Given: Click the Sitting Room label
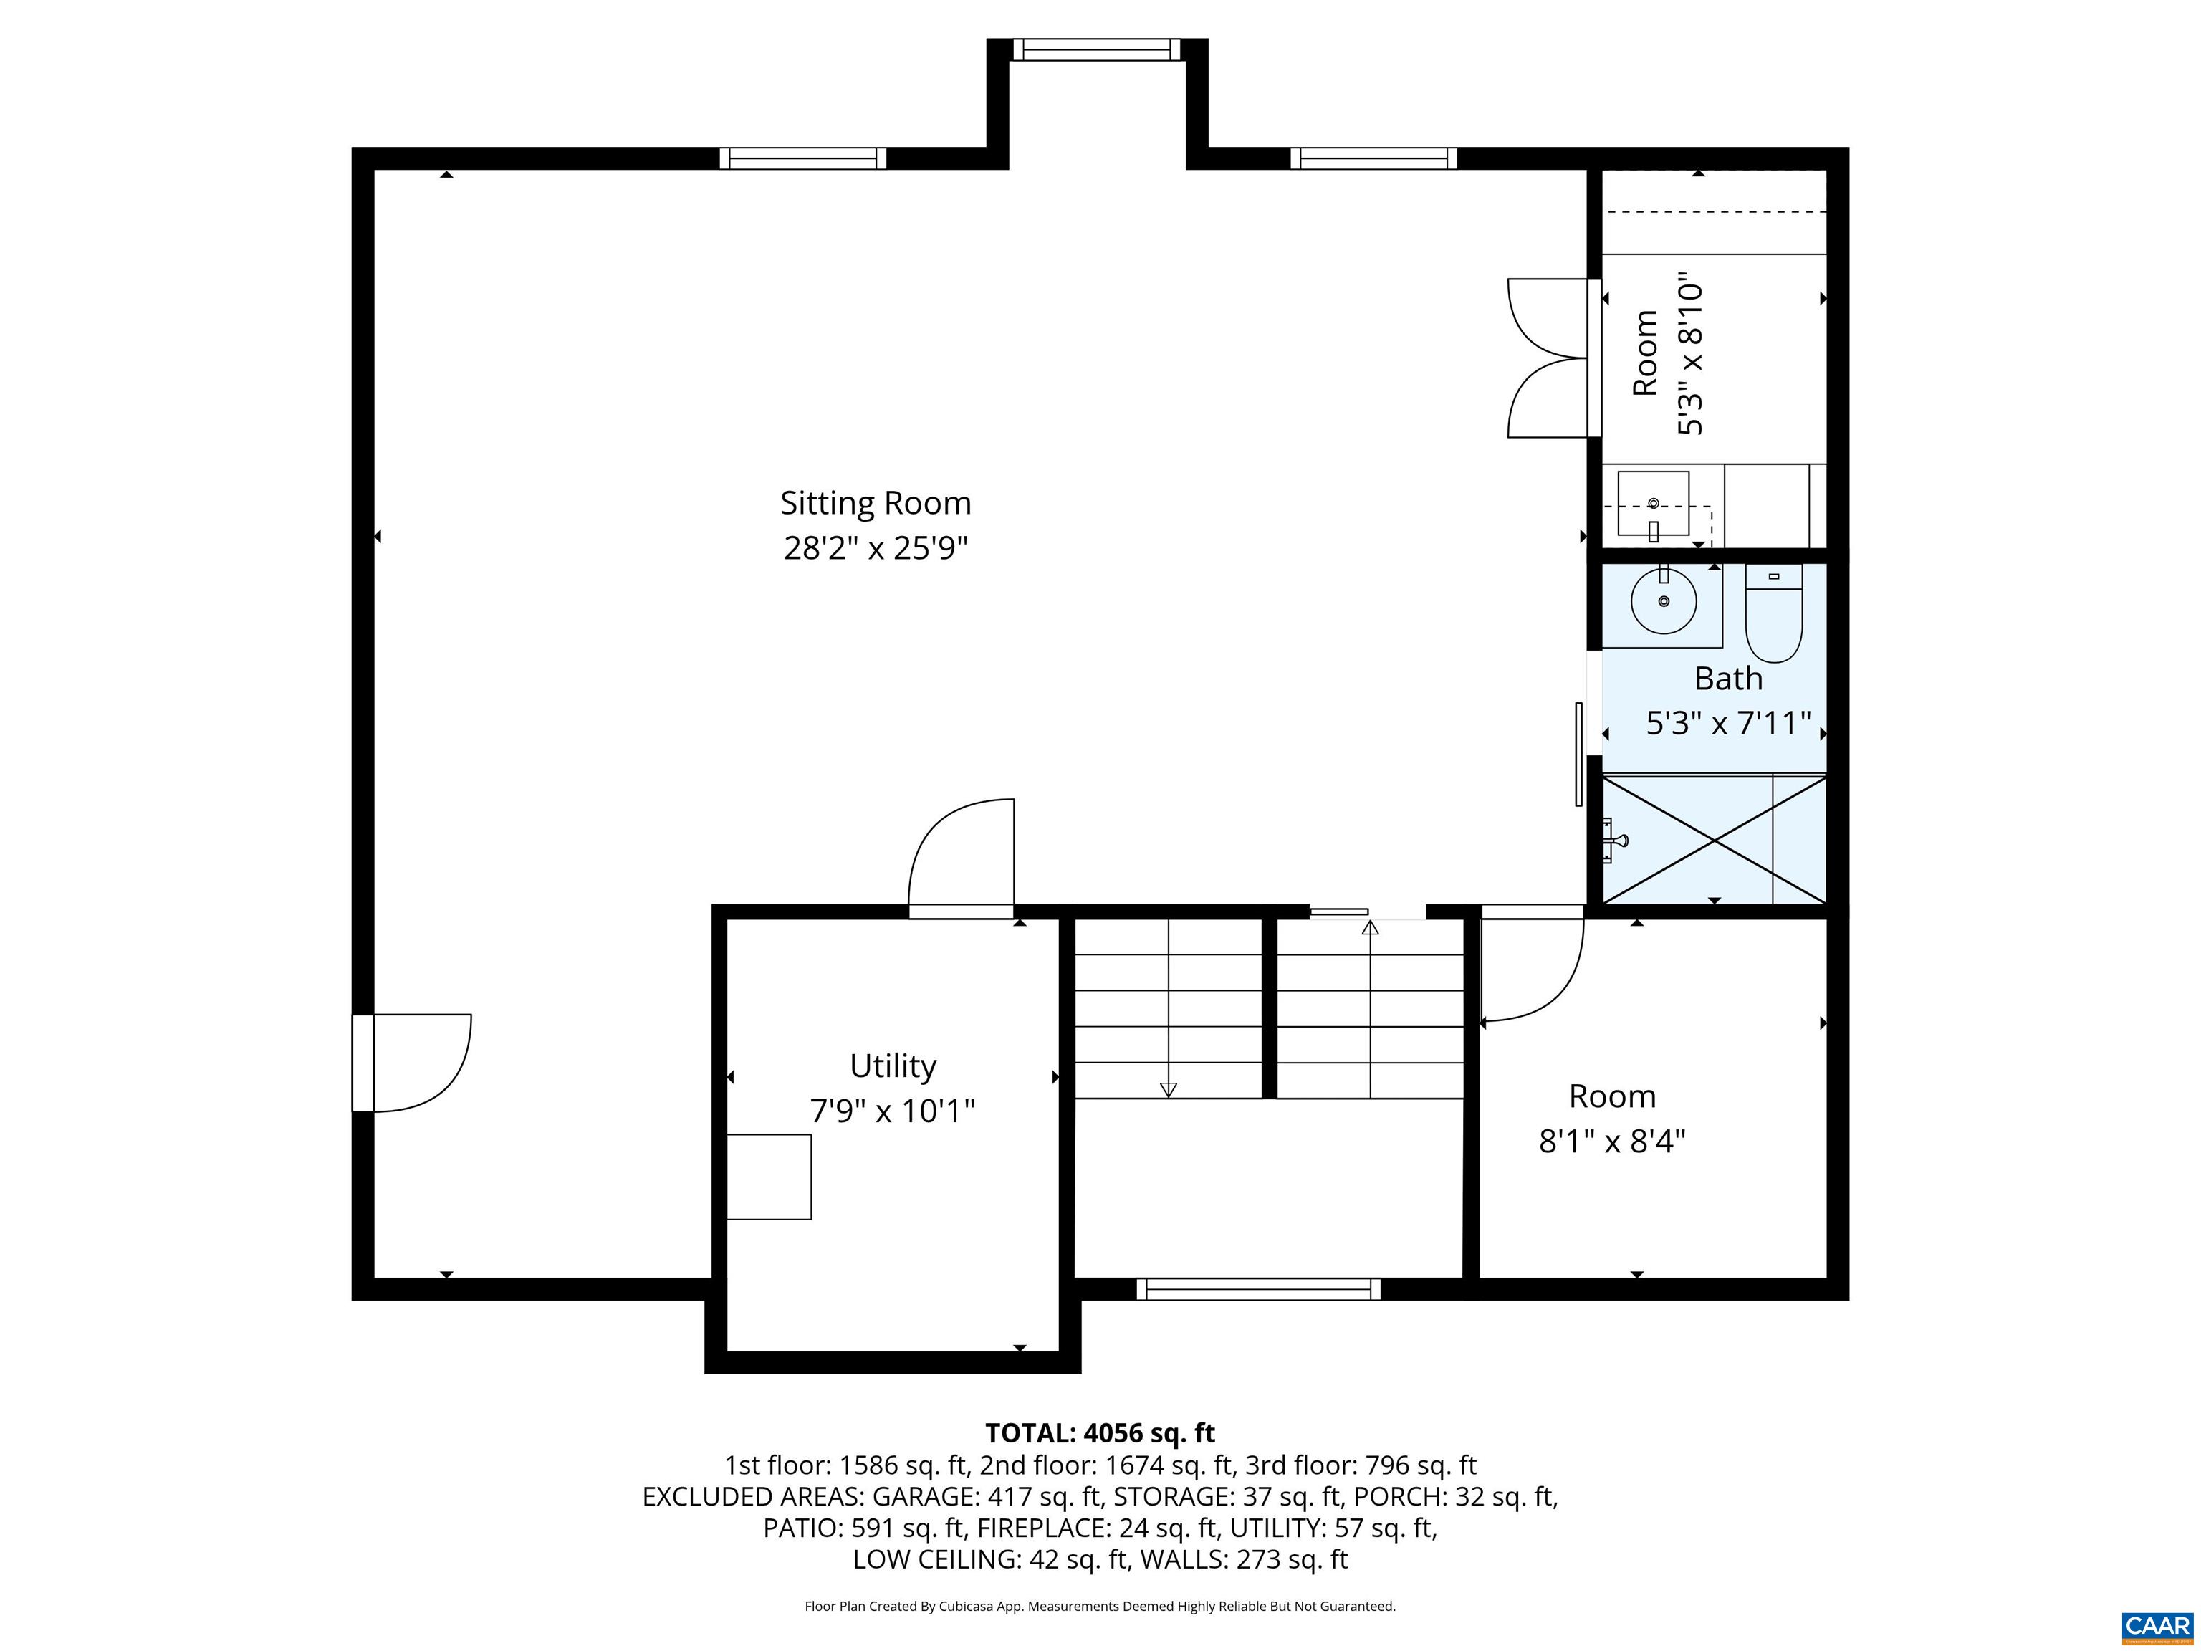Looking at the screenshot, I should point(875,504).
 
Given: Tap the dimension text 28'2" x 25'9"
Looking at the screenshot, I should point(875,548).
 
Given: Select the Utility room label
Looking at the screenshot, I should point(893,1066).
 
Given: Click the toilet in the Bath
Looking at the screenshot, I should point(1773,614).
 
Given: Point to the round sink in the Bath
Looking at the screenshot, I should point(1664,601).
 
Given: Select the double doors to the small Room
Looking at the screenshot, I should point(1548,358).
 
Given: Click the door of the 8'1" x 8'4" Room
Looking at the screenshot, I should point(1530,965).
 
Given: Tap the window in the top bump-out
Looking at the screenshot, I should point(1095,49).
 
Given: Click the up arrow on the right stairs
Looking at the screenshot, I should point(1370,929).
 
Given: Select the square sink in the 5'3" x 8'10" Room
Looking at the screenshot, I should point(1653,504).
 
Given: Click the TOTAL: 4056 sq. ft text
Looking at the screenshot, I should point(1100,1433).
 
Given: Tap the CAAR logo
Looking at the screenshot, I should point(2157,1626).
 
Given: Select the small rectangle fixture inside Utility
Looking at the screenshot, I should point(768,1177).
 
